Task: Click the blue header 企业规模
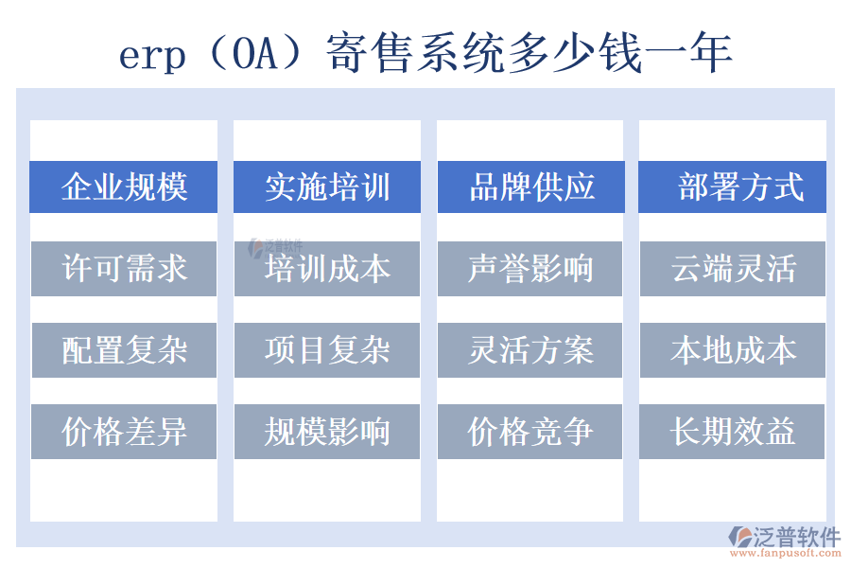point(124,186)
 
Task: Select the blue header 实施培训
point(327,186)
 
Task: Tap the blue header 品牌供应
point(530,186)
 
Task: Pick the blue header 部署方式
point(733,186)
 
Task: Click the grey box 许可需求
point(124,269)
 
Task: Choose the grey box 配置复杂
point(124,350)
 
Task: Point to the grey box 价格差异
point(124,432)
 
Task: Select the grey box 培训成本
point(327,269)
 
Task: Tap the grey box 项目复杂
point(327,350)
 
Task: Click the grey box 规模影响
point(327,432)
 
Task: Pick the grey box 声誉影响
point(530,269)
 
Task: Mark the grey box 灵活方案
point(530,350)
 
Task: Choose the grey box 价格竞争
point(530,432)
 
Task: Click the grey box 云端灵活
point(733,269)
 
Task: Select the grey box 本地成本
point(733,350)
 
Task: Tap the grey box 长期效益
point(733,432)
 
